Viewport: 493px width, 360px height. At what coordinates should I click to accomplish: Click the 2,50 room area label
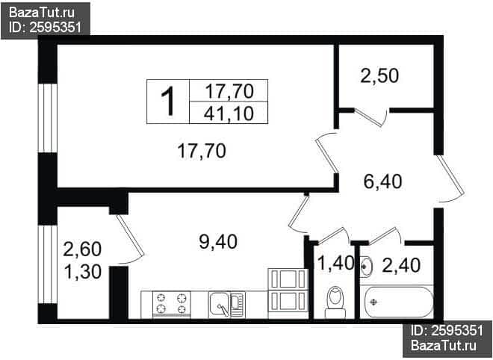coord(379,76)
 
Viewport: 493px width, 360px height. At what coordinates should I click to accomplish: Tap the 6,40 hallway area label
coord(382,181)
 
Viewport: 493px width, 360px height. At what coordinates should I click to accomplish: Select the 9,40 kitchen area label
coord(218,242)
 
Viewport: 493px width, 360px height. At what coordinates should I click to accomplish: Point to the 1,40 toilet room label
coord(335,263)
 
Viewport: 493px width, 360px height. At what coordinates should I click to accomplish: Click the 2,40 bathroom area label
coord(401,265)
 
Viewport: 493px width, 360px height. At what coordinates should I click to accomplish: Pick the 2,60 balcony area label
coord(82,249)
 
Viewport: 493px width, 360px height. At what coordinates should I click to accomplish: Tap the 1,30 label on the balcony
coord(82,272)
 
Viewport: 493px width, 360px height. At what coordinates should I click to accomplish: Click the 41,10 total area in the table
coord(229,114)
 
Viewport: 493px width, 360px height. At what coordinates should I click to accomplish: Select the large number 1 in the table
coord(168,102)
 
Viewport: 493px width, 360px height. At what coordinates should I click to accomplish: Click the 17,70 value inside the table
coord(229,91)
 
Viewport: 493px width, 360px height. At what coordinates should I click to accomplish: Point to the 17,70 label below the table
coord(202,151)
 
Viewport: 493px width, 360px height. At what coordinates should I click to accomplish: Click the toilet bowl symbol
coord(335,302)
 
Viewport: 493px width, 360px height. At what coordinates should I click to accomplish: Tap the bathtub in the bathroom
coord(398,302)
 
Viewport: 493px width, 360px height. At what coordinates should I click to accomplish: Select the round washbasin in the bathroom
coord(366,267)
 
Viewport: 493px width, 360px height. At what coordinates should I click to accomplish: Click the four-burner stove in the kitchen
coord(172,304)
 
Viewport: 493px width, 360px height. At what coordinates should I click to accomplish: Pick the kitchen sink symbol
coord(226,305)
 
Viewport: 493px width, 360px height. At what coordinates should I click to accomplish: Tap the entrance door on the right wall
coord(450,179)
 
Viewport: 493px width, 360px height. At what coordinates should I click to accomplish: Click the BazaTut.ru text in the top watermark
coord(42,13)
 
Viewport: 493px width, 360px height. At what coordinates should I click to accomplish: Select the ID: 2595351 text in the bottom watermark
coord(447,331)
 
